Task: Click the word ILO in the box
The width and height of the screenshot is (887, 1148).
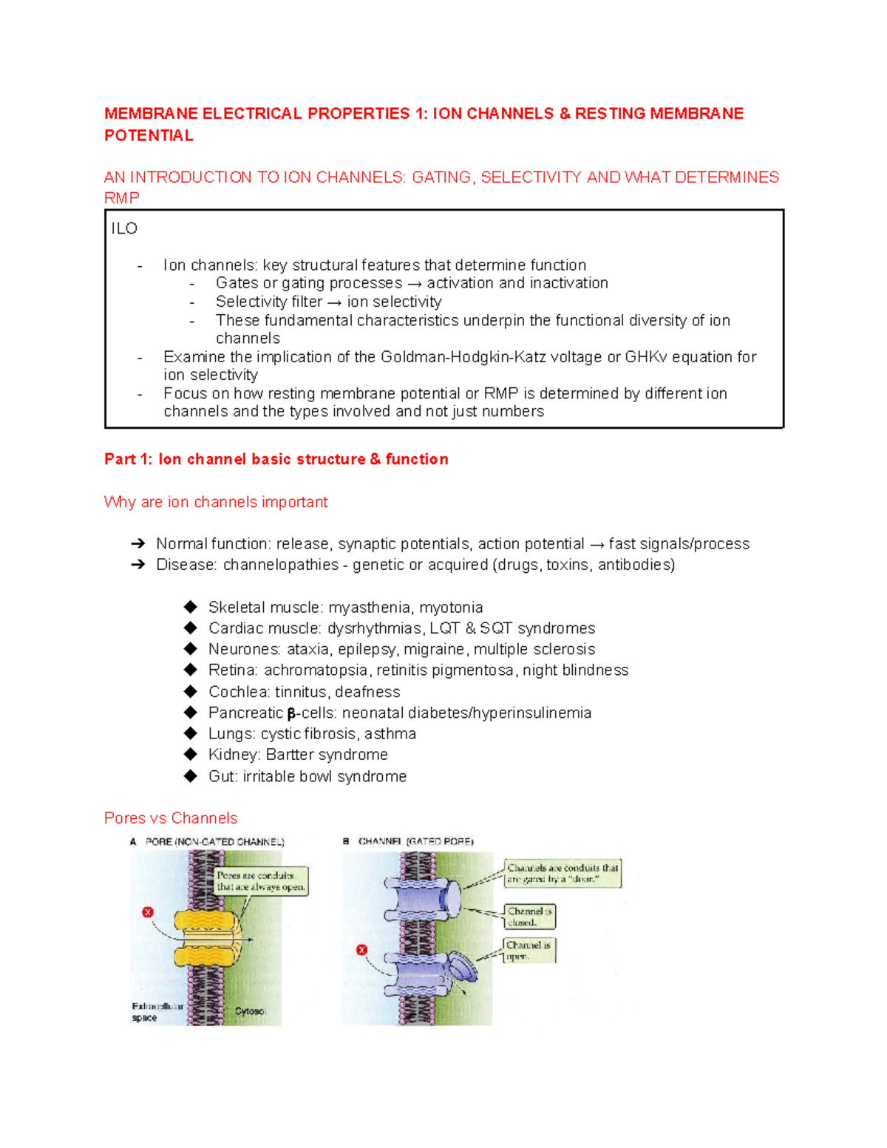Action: click(x=124, y=228)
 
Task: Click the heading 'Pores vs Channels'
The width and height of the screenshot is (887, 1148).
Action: click(x=171, y=818)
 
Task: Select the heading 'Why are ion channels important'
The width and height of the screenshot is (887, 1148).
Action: click(x=216, y=502)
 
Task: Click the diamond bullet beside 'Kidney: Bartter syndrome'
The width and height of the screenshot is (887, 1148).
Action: click(x=191, y=754)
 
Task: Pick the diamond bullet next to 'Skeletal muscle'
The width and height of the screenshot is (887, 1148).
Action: click(x=191, y=607)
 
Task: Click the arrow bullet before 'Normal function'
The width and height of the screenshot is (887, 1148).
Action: click(x=137, y=544)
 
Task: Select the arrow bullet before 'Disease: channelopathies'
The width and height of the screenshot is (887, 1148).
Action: click(x=137, y=565)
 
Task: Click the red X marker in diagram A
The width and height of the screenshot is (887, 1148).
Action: click(x=148, y=912)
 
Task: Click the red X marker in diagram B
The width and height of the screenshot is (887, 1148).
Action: click(x=362, y=950)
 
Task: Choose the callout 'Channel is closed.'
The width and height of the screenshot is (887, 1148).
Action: click(x=529, y=917)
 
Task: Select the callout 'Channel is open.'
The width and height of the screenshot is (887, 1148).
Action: click(x=529, y=950)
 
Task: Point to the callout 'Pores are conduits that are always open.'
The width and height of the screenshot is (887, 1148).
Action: click(x=261, y=880)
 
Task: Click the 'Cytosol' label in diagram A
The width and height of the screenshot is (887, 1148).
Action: click(x=250, y=1011)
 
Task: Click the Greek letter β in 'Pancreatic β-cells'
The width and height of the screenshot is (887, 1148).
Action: click(x=291, y=713)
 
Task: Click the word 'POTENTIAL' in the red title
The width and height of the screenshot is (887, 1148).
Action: click(x=149, y=135)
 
